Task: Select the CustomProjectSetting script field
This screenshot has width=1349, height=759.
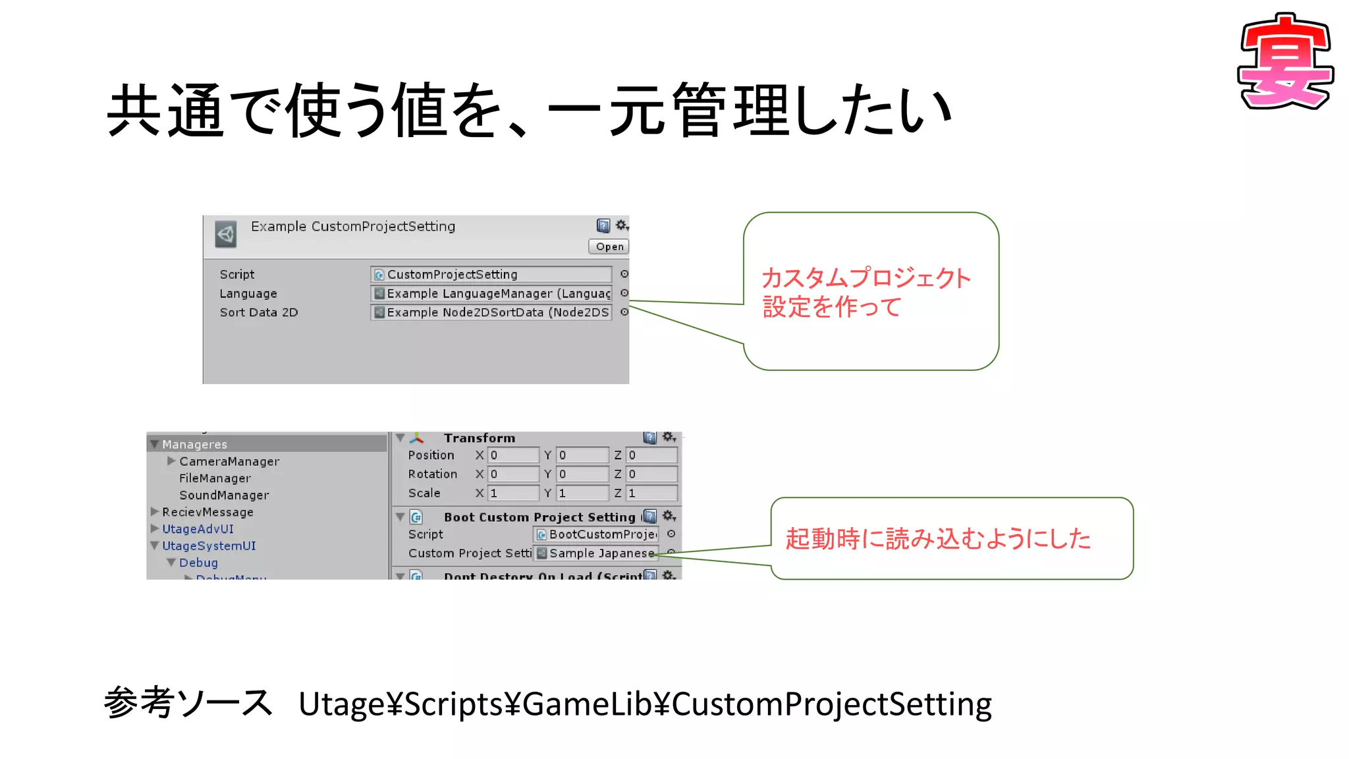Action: click(491, 274)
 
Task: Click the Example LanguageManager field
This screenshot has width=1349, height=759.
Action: click(491, 293)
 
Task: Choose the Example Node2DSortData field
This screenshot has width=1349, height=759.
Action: click(491, 312)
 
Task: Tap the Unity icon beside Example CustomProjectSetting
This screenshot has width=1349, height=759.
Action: click(226, 234)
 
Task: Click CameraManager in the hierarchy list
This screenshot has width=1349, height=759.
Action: click(229, 461)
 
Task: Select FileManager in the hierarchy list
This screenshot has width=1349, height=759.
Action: click(215, 478)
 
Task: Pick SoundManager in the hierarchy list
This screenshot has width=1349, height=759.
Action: click(224, 495)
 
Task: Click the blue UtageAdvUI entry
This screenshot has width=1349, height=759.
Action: click(198, 529)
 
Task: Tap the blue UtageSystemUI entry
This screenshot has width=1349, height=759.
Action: click(209, 546)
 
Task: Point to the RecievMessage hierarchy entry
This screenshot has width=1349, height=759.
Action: click(207, 512)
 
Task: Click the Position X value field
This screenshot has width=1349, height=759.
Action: click(513, 455)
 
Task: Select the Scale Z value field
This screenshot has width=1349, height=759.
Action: click(651, 493)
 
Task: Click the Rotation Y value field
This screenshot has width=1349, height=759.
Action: click(582, 474)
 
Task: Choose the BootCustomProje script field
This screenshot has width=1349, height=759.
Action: click(596, 534)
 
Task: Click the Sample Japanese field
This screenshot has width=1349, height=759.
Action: click(596, 553)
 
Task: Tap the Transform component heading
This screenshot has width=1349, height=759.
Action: click(479, 438)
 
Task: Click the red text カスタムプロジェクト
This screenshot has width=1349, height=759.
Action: click(866, 278)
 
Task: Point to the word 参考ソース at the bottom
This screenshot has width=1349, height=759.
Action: click(188, 702)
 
